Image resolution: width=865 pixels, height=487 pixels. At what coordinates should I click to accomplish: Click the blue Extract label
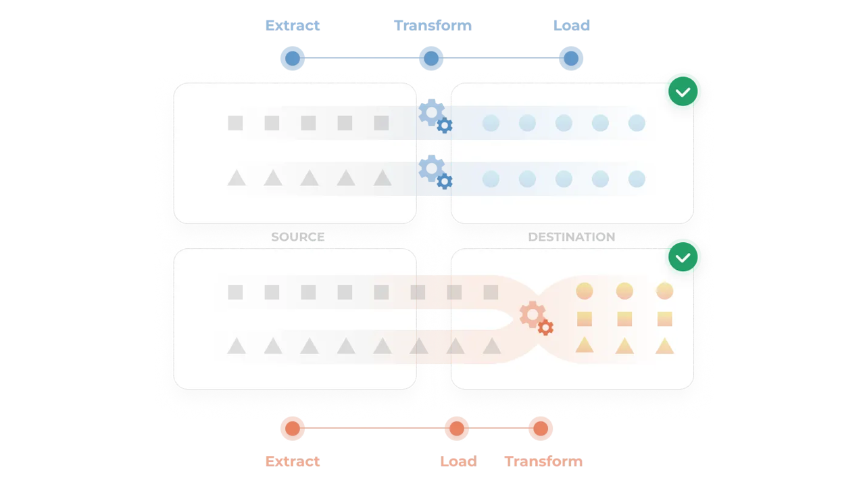tap(292, 26)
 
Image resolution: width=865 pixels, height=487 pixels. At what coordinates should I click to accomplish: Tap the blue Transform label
tap(432, 26)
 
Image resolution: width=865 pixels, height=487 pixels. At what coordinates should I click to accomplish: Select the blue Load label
tap(571, 26)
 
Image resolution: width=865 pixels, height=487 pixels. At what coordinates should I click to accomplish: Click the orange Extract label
tap(292, 461)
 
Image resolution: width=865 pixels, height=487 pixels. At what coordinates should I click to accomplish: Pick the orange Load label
tap(458, 461)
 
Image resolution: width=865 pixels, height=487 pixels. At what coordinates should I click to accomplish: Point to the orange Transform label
tap(543, 461)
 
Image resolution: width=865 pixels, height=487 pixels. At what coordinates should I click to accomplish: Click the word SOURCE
tap(297, 237)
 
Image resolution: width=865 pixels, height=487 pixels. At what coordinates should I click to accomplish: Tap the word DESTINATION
tap(571, 237)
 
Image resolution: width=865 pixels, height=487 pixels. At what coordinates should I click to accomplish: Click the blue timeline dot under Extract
tap(293, 59)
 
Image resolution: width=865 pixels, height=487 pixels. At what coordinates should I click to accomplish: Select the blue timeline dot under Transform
tap(431, 59)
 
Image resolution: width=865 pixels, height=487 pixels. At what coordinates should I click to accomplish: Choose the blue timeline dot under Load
tap(571, 59)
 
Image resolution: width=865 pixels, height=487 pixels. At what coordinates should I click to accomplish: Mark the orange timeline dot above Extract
tap(293, 429)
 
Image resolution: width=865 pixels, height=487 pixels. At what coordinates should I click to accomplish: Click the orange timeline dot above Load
tap(457, 429)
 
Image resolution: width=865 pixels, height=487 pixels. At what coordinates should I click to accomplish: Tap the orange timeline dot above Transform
tap(541, 429)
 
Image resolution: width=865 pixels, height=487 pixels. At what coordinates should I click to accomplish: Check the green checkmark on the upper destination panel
tap(684, 91)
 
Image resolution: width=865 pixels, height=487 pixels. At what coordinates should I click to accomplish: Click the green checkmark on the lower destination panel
tap(684, 256)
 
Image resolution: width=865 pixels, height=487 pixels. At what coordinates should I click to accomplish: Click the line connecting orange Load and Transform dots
tap(499, 428)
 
